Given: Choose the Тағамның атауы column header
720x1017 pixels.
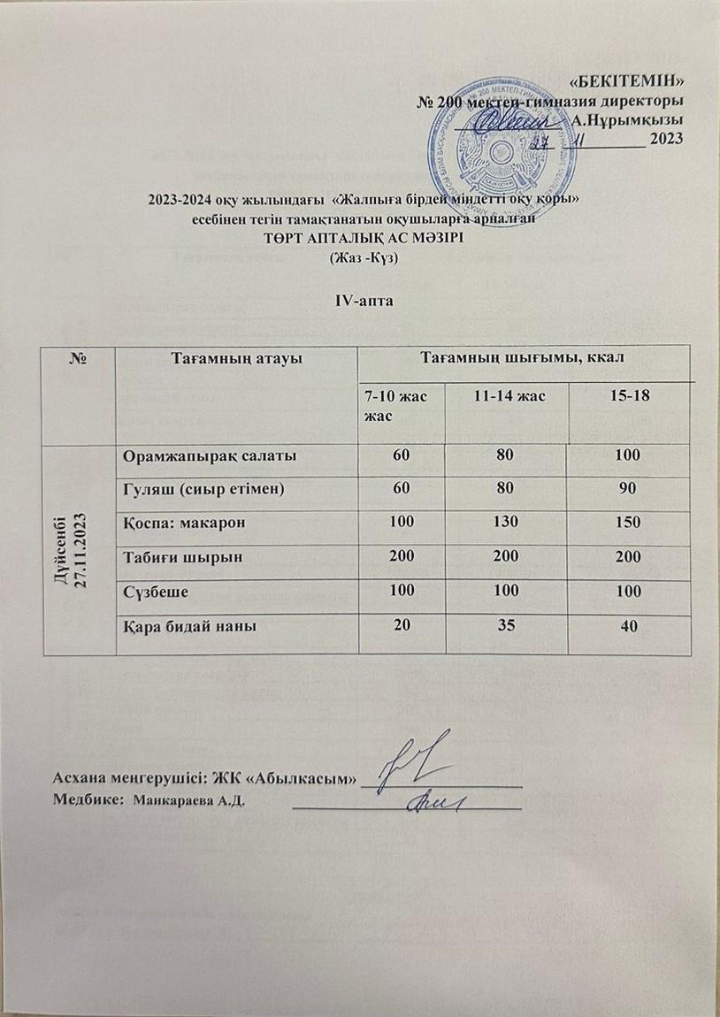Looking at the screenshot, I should click(236, 356).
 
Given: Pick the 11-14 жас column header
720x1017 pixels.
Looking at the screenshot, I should click(503, 398).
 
